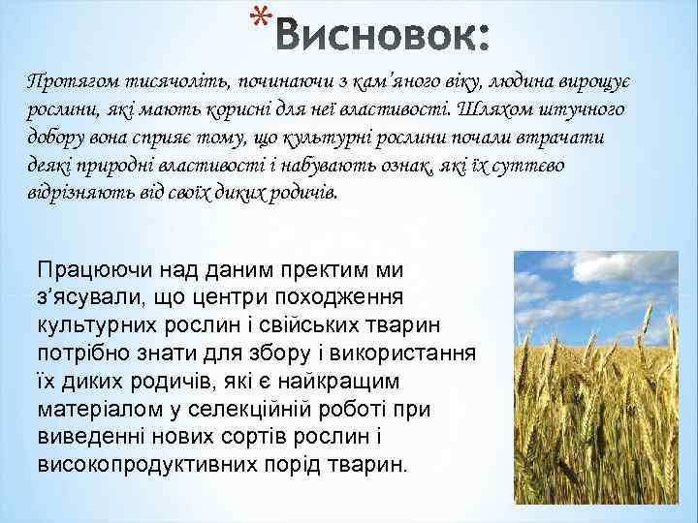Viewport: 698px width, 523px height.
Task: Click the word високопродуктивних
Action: coord(148,464)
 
